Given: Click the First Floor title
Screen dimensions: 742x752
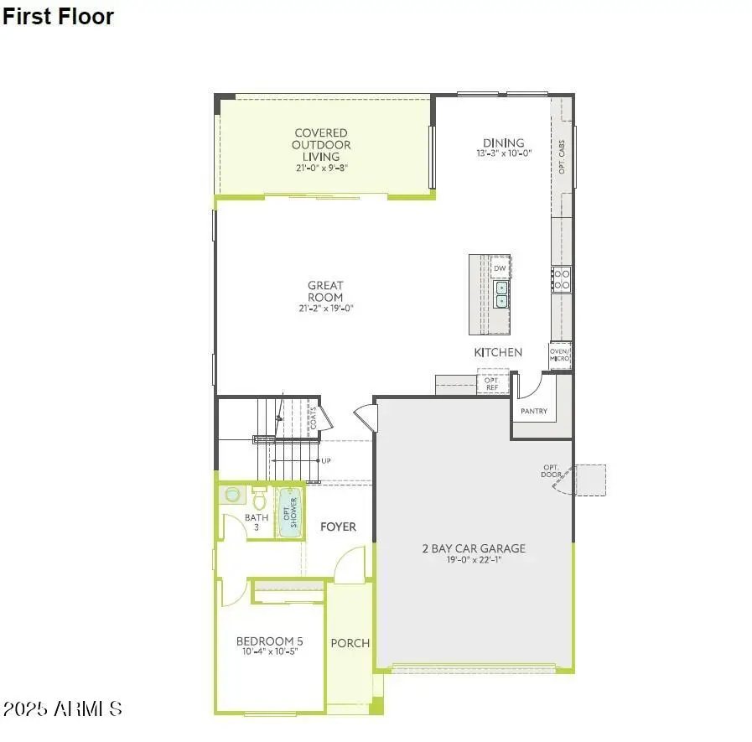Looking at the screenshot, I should (x=58, y=16).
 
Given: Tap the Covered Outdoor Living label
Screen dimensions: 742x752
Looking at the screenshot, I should (x=321, y=144).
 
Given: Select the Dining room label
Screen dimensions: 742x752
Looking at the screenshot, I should (x=503, y=143).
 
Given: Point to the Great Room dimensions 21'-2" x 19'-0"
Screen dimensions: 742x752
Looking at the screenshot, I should (x=324, y=309).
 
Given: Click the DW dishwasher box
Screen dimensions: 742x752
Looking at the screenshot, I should (x=500, y=268).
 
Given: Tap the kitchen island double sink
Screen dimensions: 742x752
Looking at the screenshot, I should (x=500, y=294).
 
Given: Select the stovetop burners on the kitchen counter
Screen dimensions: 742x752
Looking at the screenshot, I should (x=561, y=279).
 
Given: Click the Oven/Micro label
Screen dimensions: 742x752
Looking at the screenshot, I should (x=560, y=355).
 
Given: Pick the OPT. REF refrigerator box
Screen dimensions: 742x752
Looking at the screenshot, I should (x=491, y=383).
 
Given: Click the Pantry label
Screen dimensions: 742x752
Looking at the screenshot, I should (x=534, y=412).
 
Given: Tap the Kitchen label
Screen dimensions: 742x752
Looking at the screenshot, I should (x=498, y=353).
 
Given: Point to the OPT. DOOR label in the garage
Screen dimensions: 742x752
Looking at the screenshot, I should (x=551, y=471).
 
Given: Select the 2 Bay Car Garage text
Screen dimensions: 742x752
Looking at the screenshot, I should (x=474, y=548).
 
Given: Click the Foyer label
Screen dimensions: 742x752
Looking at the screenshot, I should (x=338, y=527).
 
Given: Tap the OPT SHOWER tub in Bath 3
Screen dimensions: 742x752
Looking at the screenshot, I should (x=289, y=511).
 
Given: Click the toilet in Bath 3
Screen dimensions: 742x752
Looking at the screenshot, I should (x=259, y=501).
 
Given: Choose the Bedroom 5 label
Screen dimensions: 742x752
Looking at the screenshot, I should (x=269, y=641).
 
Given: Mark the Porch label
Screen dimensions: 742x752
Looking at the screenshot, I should (x=350, y=643).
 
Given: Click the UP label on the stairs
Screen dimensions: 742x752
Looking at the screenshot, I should (x=325, y=461).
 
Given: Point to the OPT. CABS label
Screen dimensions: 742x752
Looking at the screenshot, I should (x=562, y=157).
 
